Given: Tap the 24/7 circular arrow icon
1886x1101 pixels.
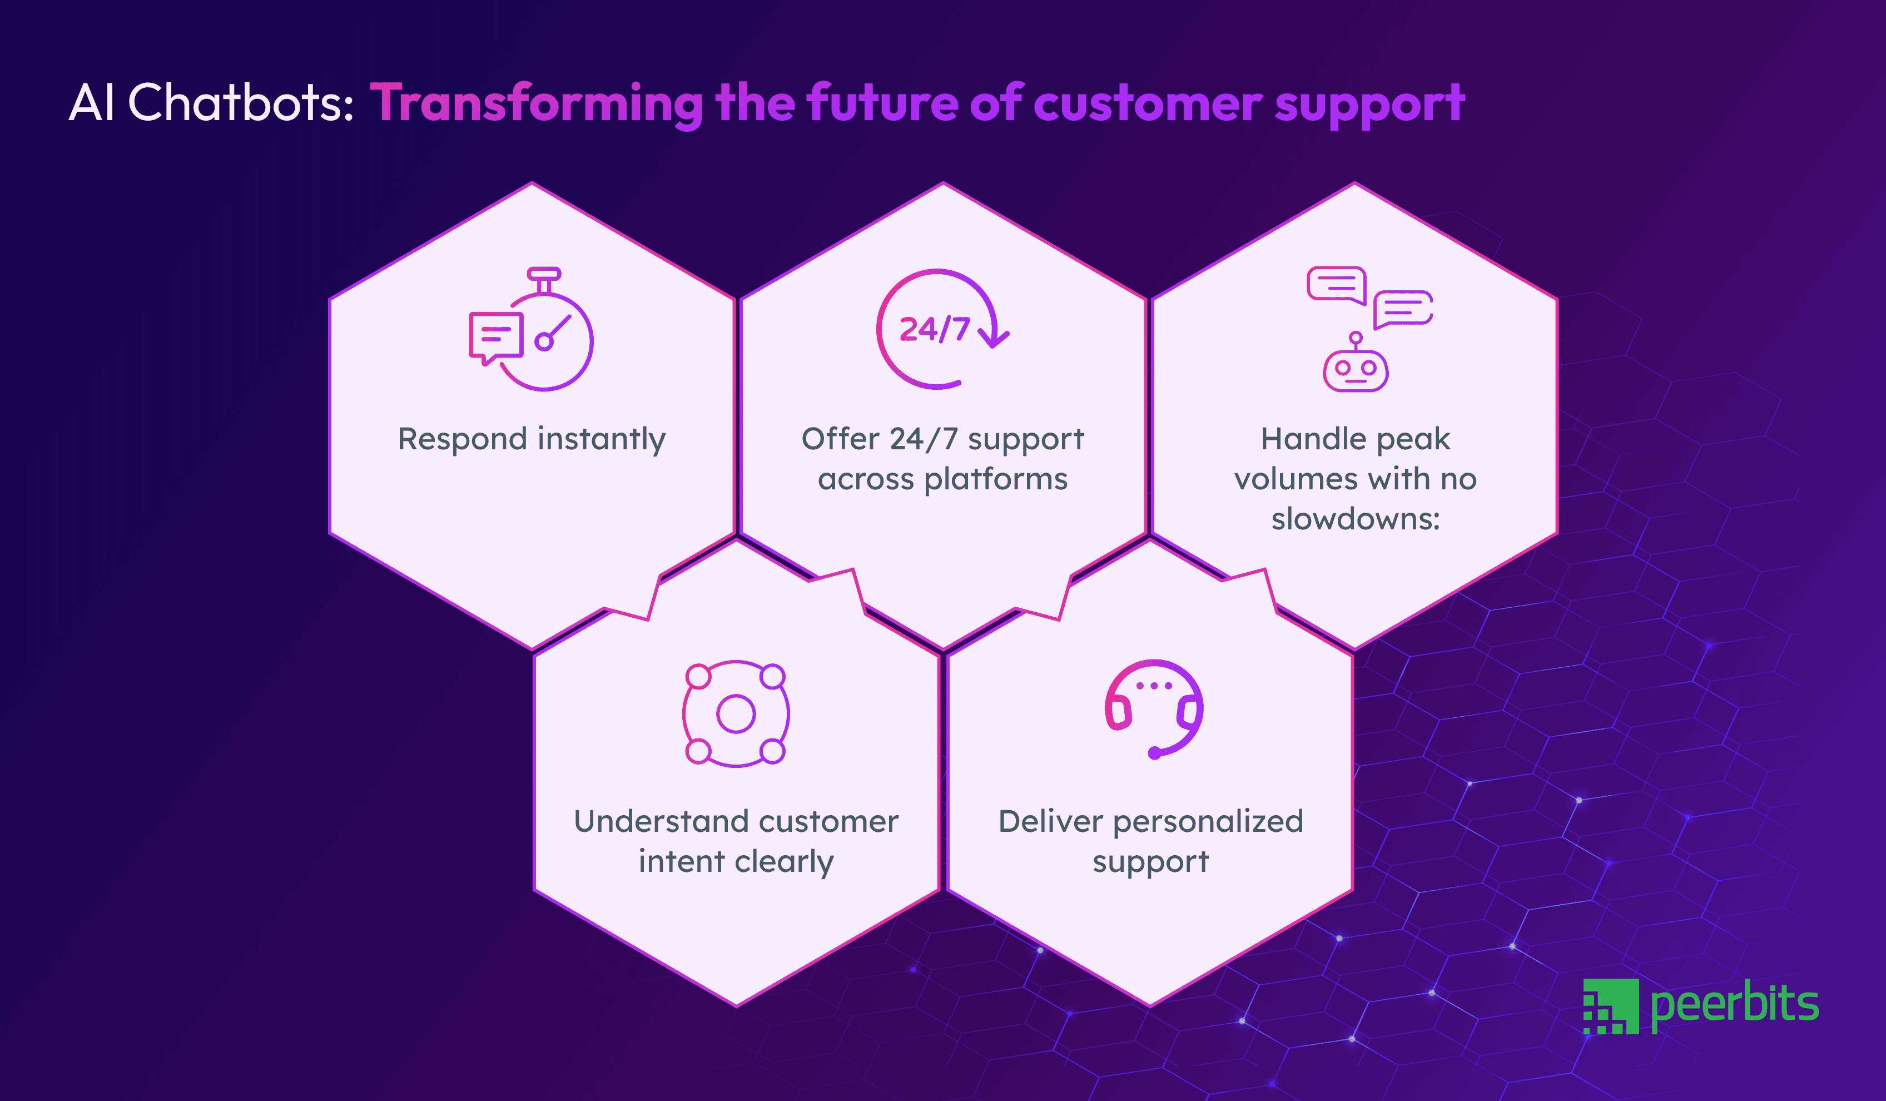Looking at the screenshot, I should [x=940, y=329].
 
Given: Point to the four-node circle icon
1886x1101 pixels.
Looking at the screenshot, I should [x=736, y=713].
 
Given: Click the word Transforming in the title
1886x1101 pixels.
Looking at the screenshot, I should [x=536, y=104].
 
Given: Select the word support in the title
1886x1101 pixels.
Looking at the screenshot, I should [x=1369, y=104].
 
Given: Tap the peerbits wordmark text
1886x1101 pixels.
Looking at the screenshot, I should [x=1734, y=1004].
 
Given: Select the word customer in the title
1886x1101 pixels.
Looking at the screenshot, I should [x=1148, y=104].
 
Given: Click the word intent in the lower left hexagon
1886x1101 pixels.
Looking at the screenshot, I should [x=670, y=861].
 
